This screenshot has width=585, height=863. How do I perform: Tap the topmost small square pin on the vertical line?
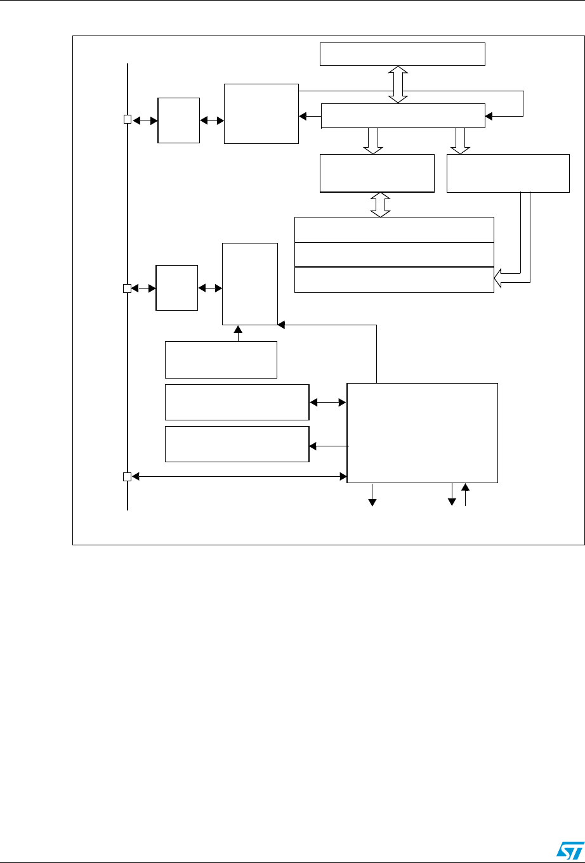tap(127, 119)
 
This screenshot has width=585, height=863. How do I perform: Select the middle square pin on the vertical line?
tap(126, 289)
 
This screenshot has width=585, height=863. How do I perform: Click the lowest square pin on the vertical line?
tap(126, 476)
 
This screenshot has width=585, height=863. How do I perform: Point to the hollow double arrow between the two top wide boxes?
tap(398, 84)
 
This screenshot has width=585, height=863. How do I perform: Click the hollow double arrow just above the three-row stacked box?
tap(380, 204)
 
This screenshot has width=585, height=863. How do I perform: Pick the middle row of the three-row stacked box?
tap(394, 254)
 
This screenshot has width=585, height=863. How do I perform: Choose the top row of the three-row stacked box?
tap(394, 229)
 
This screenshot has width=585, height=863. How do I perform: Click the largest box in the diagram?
tap(423, 432)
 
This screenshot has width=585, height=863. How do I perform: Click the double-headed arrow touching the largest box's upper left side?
tap(328, 401)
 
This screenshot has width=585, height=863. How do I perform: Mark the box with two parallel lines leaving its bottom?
tap(508, 172)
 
